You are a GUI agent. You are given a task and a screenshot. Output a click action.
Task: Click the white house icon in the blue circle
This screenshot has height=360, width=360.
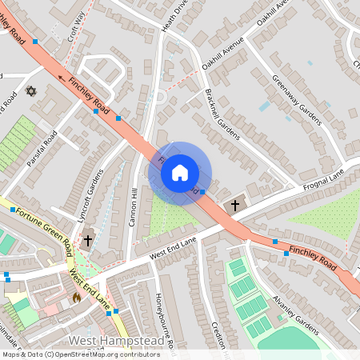click(x=180, y=172)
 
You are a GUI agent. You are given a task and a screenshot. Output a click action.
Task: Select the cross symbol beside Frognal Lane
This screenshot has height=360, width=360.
click(x=235, y=206)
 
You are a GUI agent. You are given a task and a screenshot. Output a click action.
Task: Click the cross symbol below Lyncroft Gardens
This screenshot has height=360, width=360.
click(x=88, y=239)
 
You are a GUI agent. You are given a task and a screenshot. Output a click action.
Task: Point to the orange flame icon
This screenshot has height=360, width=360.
click(x=76, y=297)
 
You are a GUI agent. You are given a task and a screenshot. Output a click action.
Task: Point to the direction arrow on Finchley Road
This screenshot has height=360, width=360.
click(x=62, y=78)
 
